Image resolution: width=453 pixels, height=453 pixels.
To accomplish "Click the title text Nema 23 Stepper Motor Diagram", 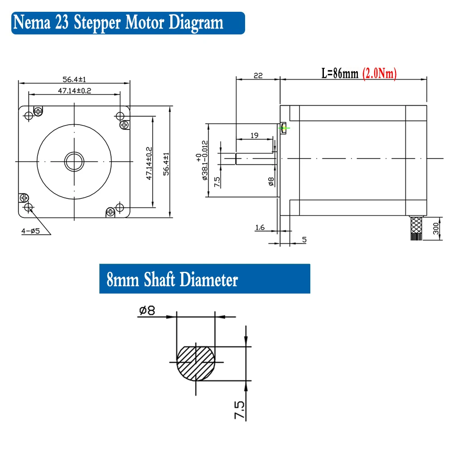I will pyautogui.click(x=119, y=22).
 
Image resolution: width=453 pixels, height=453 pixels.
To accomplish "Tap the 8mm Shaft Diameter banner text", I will pyautogui.click(x=172, y=280).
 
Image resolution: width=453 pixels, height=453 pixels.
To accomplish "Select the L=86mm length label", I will pyautogui.click(x=340, y=74).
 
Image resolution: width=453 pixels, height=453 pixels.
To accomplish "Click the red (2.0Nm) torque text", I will pyautogui.click(x=380, y=74).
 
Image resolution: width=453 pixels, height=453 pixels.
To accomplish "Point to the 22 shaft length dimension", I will pyautogui.click(x=258, y=76).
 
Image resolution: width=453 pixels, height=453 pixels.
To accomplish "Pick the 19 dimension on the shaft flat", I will pyautogui.click(x=254, y=135).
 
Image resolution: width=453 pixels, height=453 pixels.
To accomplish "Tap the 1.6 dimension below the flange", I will pyautogui.click(x=260, y=228).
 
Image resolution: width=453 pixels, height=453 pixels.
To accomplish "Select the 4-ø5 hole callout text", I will pyautogui.click(x=30, y=231).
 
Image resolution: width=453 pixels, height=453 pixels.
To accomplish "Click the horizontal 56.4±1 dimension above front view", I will pyautogui.click(x=74, y=80).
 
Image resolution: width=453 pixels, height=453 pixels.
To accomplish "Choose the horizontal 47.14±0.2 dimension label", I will pyautogui.click(x=74, y=91).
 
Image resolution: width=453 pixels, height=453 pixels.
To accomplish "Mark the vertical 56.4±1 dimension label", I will pyautogui.click(x=166, y=163).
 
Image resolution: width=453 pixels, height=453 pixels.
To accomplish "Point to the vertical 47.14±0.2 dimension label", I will pyautogui.click(x=149, y=163).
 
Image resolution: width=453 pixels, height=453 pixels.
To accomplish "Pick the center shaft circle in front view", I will pyautogui.click(x=74, y=161).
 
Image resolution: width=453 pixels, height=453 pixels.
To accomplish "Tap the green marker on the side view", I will pyautogui.click(x=284, y=128).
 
